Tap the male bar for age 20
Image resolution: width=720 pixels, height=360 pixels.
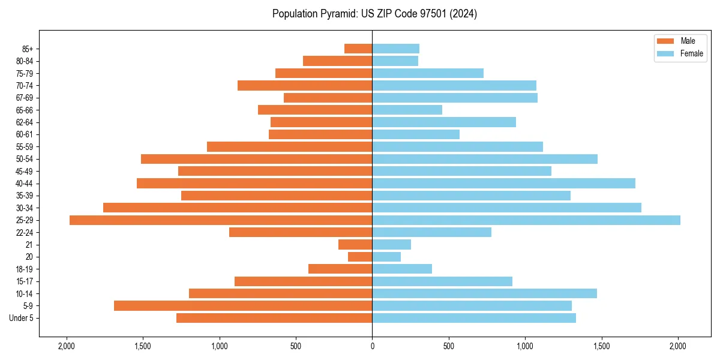pyautogui.click(x=360, y=257)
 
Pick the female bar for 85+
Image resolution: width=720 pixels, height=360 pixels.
pyautogui.click(x=396, y=49)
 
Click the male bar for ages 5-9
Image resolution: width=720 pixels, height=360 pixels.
pyautogui.click(x=243, y=306)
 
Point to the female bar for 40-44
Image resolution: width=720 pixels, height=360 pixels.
pyautogui.click(x=504, y=184)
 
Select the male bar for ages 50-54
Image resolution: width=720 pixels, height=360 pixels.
pyautogui.click(x=257, y=159)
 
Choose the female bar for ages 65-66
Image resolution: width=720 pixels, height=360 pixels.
pyautogui.click(x=407, y=110)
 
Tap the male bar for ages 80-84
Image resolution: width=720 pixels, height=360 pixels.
pyautogui.click(x=338, y=61)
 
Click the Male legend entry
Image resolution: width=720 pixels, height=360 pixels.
pyautogui.click(x=680, y=41)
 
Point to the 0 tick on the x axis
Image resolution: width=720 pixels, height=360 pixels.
pyautogui.click(x=372, y=346)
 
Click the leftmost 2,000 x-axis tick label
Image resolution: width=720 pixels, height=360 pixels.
pyautogui.click(x=66, y=346)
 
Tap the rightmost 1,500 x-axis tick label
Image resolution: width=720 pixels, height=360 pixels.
pyautogui.click(x=602, y=346)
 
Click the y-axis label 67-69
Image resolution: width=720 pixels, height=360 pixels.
pyautogui.click(x=24, y=98)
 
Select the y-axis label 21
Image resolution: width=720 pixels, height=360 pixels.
pyautogui.click(x=29, y=245)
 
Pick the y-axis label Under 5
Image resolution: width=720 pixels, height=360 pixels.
pyautogui.click(x=22, y=318)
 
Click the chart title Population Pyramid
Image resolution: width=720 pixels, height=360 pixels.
pyautogui.click(x=374, y=14)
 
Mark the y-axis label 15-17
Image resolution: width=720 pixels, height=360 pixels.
pyautogui.click(x=24, y=281)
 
